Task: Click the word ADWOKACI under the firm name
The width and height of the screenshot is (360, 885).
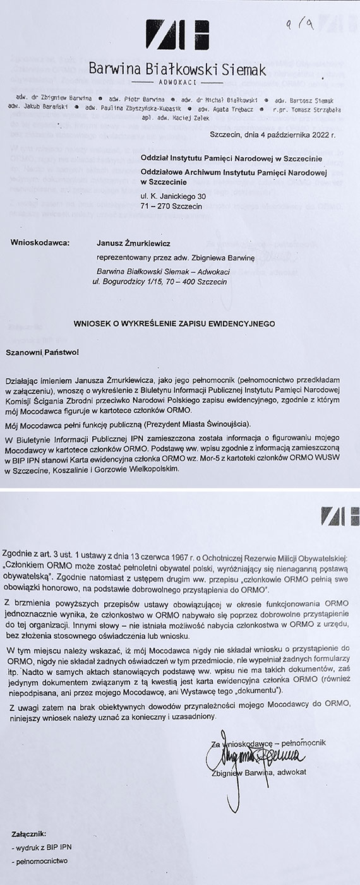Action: click(x=179, y=82)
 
